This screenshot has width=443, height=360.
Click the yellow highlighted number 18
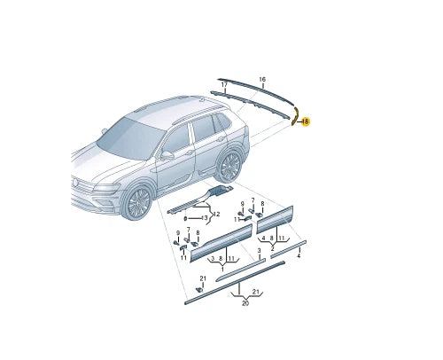click(306, 121)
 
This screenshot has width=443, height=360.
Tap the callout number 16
click(262, 79)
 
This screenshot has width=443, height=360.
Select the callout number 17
click(224, 85)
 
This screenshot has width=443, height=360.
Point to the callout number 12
click(216, 214)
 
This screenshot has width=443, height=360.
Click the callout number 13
click(205, 218)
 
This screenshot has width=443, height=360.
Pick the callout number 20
click(245, 303)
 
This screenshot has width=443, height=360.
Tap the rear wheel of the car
click(230, 166)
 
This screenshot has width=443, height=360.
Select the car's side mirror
click(167, 155)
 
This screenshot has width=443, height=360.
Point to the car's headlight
click(108, 187)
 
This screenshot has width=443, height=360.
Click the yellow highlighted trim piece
click(295, 116)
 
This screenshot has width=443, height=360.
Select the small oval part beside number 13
click(185, 218)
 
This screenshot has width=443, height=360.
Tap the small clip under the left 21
click(200, 289)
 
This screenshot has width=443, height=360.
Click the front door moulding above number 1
click(221, 242)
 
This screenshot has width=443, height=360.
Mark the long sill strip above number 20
click(235, 282)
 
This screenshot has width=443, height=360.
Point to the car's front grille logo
click(75, 183)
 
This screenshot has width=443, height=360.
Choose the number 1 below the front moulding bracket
click(222, 270)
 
